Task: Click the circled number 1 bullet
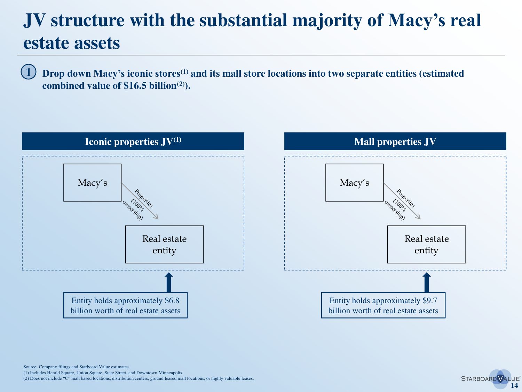click(x=29, y=72)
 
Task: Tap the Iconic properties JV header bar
click(x=133, y=141)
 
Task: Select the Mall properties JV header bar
click(x=395, y=141)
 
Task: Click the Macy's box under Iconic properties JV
click(x=92, y=183)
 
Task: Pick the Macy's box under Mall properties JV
click(x=354, y=183)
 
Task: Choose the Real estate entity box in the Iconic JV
click(x=164, y=245)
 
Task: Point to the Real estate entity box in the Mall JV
click(x=426, y=245)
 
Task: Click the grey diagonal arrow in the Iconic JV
click(x=140, y=201)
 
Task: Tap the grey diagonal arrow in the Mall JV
click(x=402, y=201)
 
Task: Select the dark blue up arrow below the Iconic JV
click(x=169, y=283)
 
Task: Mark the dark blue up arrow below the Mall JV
click(x=427, y=283)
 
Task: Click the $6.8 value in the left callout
click(x=172, y=301)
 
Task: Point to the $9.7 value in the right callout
click(x=430, y=301)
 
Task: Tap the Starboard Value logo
click(x=490, y=378)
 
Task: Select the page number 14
click(x=514, y=386)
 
